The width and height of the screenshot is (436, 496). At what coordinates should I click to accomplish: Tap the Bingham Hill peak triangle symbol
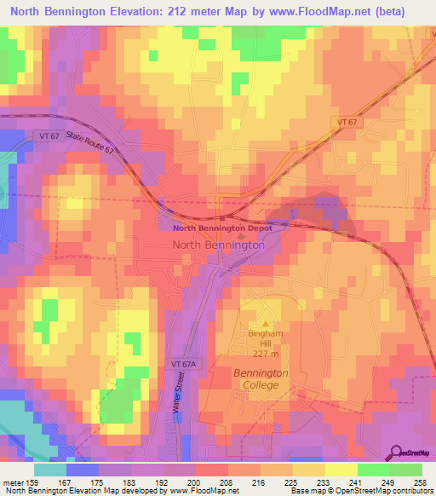coord(265,323)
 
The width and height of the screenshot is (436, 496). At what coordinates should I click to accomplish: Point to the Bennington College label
coord(261,380)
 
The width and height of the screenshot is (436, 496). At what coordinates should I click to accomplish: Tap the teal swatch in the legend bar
coord(50,470)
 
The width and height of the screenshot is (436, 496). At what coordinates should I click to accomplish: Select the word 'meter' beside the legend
coord(13,482)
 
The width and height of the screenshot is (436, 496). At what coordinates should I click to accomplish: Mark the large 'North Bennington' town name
coord(218,245)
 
